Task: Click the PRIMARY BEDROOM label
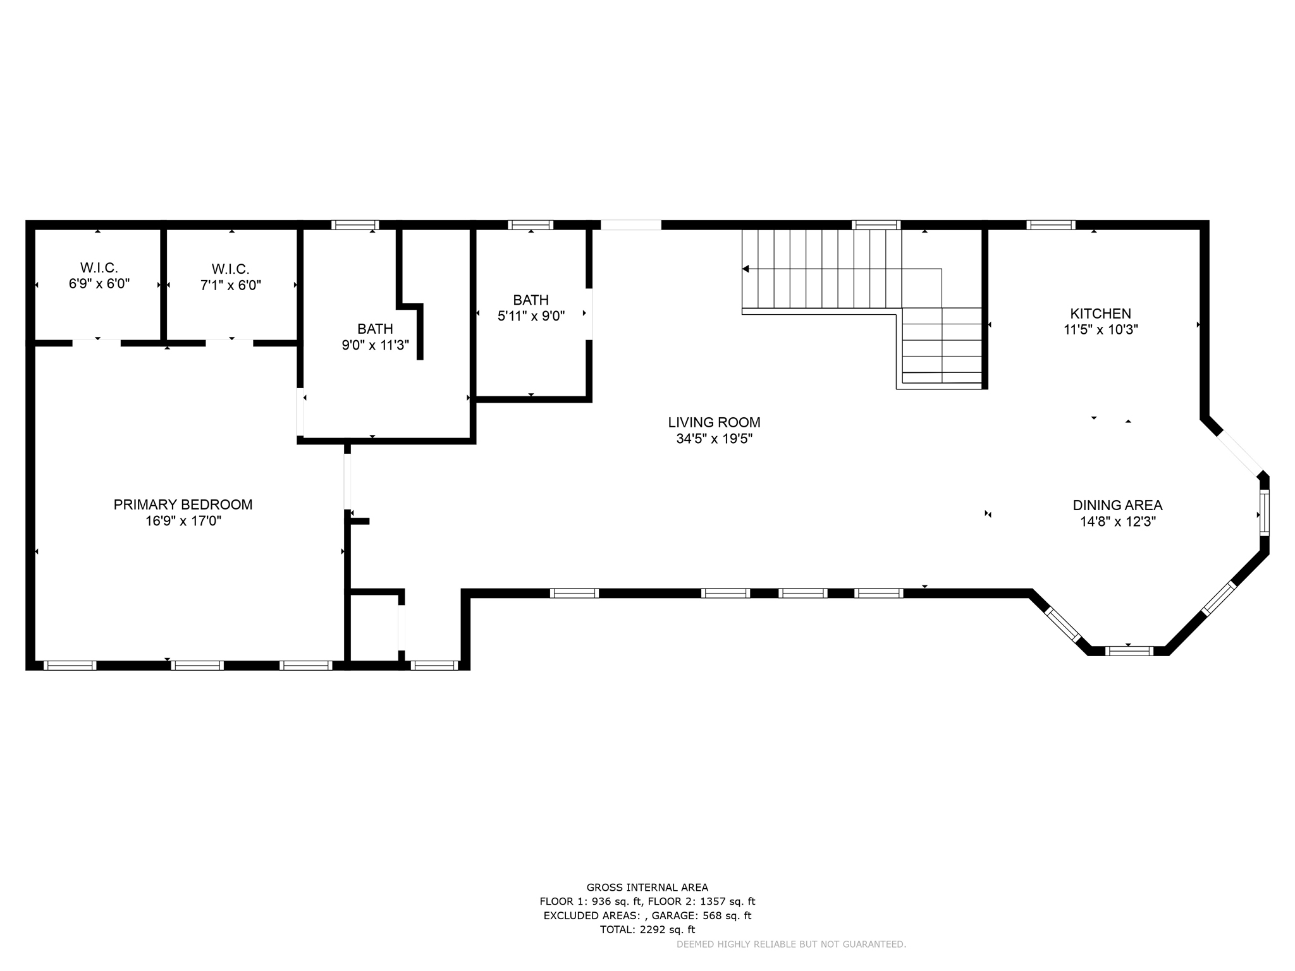pyautogui.click(x=183, y=504)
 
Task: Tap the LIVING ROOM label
pyautogui.click(x=714, y=422)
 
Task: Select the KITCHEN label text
pyautogui.click(x=1100, y=314)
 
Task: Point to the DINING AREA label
pyautogui.click(x=1117, y=505)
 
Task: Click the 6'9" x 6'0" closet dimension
pyautogui.click(x=99, y=284)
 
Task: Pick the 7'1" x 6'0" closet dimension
pyautogui.click(x=231, y=285)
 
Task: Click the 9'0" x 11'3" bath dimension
pyautogui.click(x=375, y=345)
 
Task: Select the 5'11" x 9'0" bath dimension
pyautogui.click(x=531, y=316)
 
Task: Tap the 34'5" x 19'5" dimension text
pyautogui.click(x=714, y=439)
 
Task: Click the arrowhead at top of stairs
pyautogui.click(x=746, y=269)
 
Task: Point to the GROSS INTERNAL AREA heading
pyautogui.click(x=647, y=888)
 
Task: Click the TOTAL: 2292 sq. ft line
pyautogui.click(x=647, y=929)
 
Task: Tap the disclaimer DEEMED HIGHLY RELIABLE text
pyautogui.click(x=791, y=944)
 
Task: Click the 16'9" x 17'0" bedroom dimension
pyautogui.click(x=183, y=521)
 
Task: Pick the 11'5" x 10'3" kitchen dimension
pyautogui.click(x=1100, y=329)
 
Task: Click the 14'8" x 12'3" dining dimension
pyautogui.click(x=1117, y=522)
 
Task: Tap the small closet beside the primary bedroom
pyautogui.click(x=373, y=628)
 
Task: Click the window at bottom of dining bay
pyautogui.click(x=1129, y=650)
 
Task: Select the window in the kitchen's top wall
pyautogui.click(x=1050, y=224)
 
